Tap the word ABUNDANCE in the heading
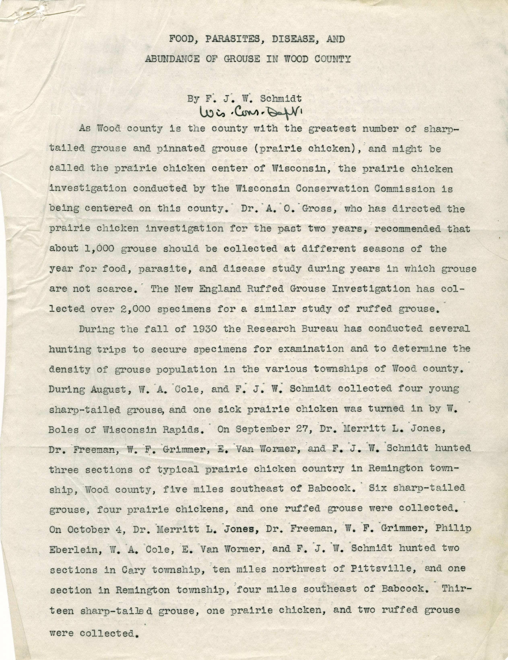pos(172,59)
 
